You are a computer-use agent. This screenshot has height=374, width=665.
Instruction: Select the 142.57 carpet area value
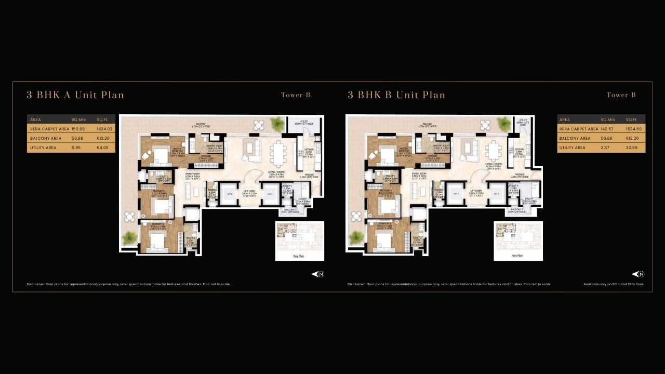[x=608, y=129]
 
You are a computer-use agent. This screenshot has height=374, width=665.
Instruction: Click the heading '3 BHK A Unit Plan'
[x=75, y=95]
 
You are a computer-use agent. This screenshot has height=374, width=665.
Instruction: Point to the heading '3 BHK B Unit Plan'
[x=396, y=95]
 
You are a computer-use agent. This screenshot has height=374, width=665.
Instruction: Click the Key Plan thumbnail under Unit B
[x=518, y=240]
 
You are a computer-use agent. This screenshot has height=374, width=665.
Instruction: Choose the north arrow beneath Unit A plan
[x=317, y=274]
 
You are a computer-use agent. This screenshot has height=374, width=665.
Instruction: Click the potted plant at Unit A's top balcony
[x=277, y=124]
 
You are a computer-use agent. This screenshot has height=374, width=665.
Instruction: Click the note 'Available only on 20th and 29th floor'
[x=614, y=284]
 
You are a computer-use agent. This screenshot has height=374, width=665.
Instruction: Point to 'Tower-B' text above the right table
[x=621, y=95]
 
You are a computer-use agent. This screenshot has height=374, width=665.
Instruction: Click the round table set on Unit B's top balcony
[x=485, y=125]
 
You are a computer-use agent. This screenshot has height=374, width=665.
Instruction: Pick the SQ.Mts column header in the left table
[x=78, y=119]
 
